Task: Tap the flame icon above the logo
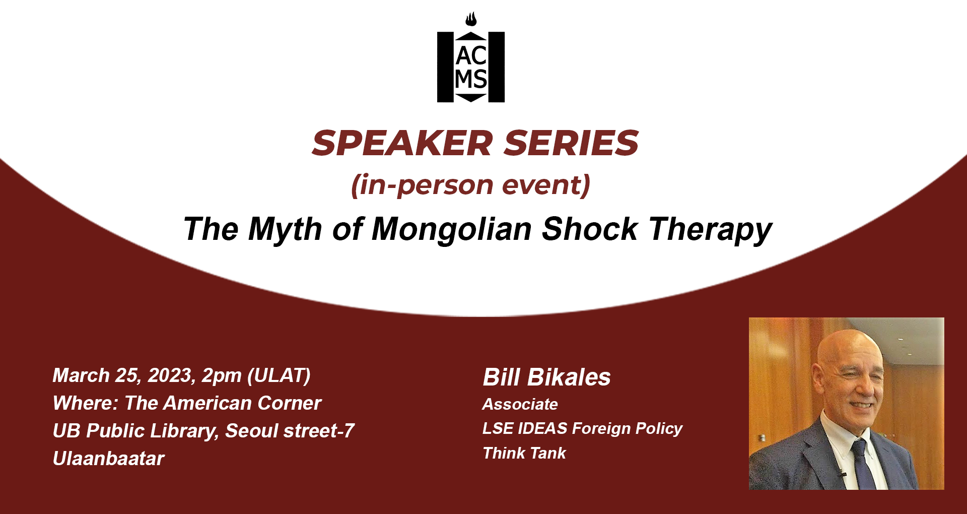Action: (471, 20)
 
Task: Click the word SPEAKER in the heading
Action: (402, 143)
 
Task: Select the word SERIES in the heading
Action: (571, 143)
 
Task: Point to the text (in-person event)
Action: (471, 185)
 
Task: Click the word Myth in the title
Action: (285, 229)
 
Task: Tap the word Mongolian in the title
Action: (452, 229)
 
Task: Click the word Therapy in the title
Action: (711, 230)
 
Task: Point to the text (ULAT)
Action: (279, 376)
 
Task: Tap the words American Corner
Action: (242, 403)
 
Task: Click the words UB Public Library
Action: (135, 431)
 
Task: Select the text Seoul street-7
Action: (290, 431)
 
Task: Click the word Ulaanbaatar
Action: (108, 459)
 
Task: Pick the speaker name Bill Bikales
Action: (546, 377)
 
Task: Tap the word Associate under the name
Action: (520, 404)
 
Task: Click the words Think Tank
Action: (524, 453)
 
